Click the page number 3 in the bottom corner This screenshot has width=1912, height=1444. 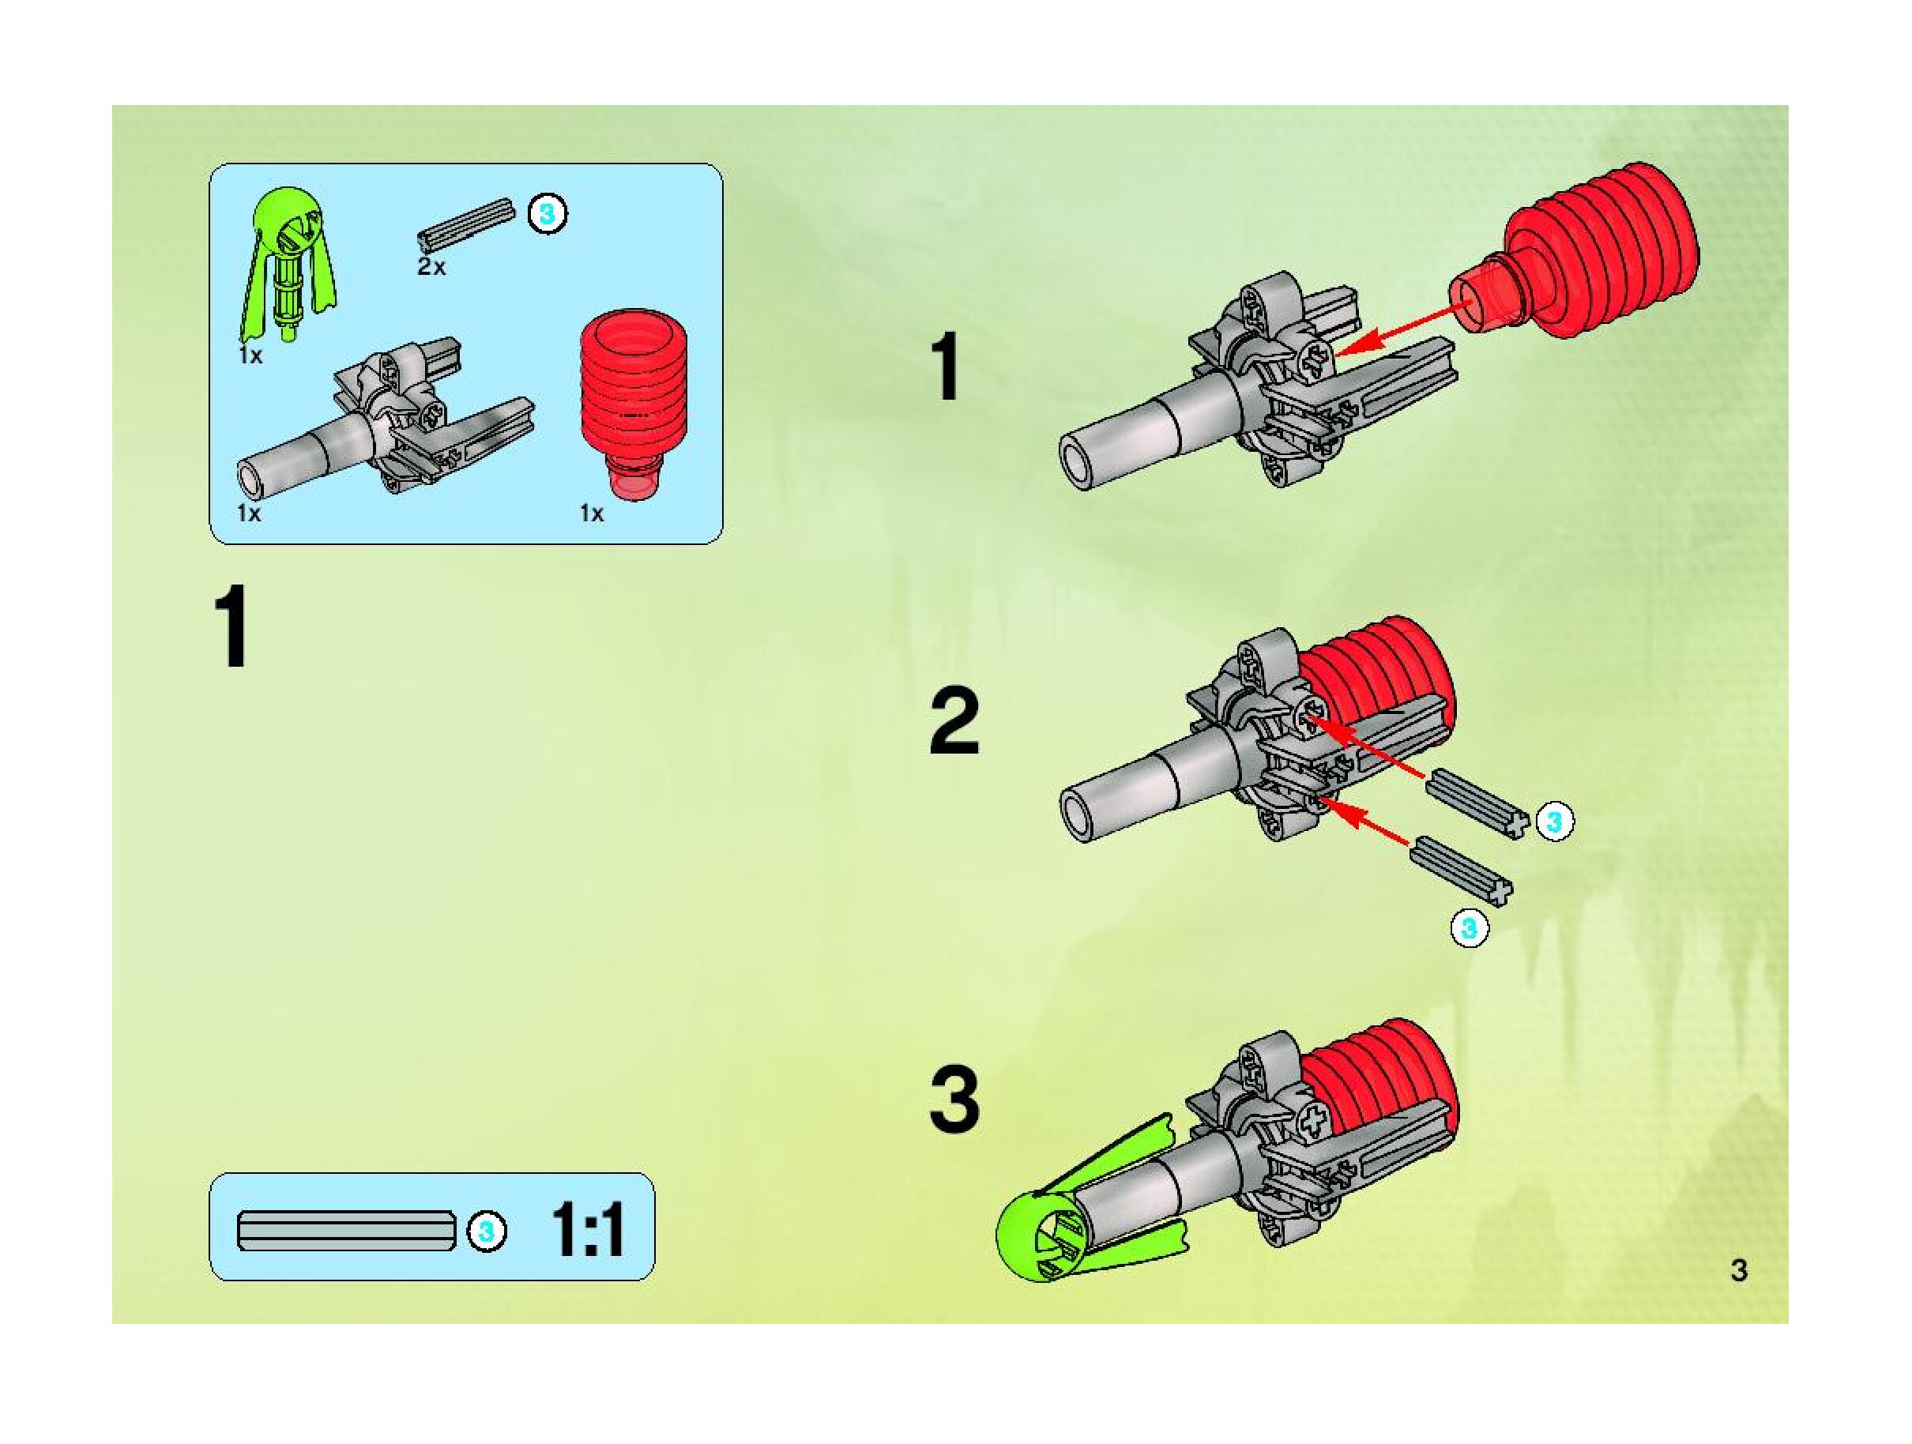1739,1270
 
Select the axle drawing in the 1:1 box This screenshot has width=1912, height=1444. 347,1231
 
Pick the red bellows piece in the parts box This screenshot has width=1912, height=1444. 635,398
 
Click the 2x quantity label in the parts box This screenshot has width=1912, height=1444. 431,267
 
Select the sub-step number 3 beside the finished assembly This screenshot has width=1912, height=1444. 954,1100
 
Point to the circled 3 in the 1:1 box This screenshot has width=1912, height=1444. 487,1231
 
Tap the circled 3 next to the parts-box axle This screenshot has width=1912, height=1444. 546,213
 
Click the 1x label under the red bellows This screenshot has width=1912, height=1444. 592,514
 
